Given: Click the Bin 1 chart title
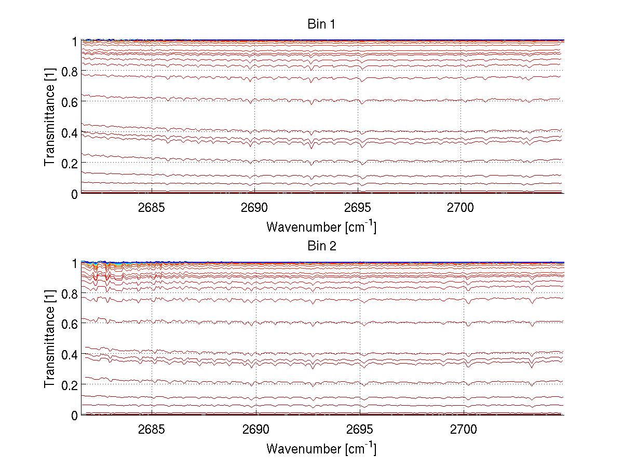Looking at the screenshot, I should pyautogui.click(x=321, y=24).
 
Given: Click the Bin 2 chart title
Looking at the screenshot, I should pyautogui.click(x=321, y=246).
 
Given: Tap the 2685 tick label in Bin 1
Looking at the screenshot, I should pyautogui.click(x=152, y=207).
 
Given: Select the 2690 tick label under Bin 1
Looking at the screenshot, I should pyautogui.click(x=254, y=207).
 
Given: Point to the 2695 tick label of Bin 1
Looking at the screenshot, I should pyautogui.click(x=358, y=207).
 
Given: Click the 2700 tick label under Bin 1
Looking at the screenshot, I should pyautogui.click(x=461, y=207).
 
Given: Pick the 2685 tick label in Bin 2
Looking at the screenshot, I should pyautogui.click(x=152, y=429).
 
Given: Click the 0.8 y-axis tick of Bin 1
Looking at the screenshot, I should pyautogui.click(x=71, y=71).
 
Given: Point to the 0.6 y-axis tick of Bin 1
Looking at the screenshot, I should pyautogui.click(x=71, y=102).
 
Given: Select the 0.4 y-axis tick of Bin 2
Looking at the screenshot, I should pyautogui.click(x=71, y=354).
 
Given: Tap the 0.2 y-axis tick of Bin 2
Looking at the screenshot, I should pyautogui.click(x=71, y=385).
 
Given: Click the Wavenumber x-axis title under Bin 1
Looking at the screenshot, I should pyautogui.click(x=321, y=226).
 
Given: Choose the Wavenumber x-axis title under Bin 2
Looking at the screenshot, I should pyautogui.click(x=321, y=448).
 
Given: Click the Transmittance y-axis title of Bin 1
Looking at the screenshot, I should pyautogui.click(x=50, y=116).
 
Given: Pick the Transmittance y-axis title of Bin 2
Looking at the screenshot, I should pyautogui.click(x=50, y=338).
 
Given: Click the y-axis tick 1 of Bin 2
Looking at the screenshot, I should pyautogui.click(x=74, y=263).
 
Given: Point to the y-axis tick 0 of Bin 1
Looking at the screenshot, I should pyautogui.click(x=74, y=194).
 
